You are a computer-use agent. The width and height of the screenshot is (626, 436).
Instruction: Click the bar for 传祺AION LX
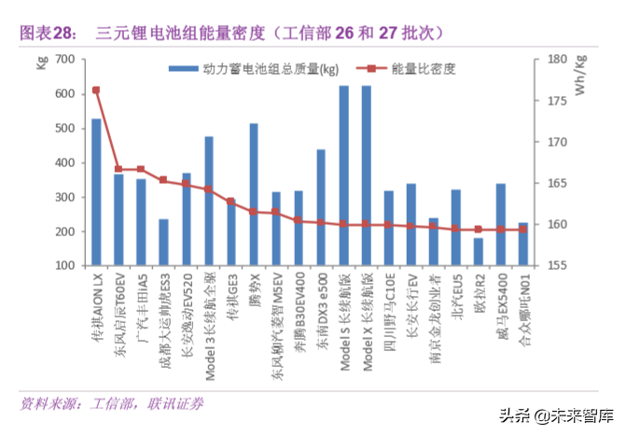tap(96, 191)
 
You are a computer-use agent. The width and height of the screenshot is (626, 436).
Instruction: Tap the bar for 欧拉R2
tap(479, 251)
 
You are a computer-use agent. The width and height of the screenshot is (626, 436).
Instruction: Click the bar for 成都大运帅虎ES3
tap(163, 242)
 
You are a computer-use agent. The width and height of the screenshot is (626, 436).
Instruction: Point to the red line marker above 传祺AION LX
tap(96, 91)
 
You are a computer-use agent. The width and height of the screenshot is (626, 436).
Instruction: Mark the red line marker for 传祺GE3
tap(231, 202)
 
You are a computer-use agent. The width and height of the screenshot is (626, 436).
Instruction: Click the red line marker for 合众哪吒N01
tap(523, 230)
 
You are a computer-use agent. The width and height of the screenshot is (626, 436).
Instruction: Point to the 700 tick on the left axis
tap(64, 60)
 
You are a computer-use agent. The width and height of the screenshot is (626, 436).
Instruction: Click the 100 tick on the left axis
tap(64, 265)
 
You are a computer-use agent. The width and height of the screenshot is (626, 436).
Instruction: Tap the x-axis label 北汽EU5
tap(456, 297)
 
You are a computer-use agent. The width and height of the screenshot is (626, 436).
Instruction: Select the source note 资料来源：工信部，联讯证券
tap(112, 403)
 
